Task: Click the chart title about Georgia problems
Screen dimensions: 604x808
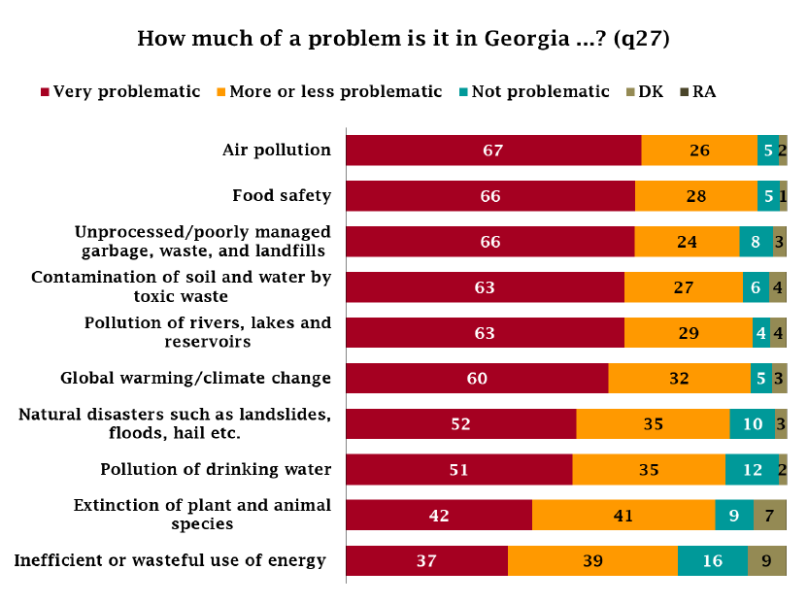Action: click(x=404, y=39)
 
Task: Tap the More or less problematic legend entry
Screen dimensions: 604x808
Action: click(x=328, y=91)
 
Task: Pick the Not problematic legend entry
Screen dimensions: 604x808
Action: click(x=533, y=91)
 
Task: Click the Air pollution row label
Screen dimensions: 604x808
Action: click(x=277, y=150)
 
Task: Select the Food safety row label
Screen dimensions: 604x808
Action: click(x=282, y=195)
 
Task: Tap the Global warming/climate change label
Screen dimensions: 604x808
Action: click(x=195, y=378)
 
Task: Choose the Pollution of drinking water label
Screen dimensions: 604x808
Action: click(x=216, y=469)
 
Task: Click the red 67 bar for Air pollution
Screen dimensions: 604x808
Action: click(x=493, y=151)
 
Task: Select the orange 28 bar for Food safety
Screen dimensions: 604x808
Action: click(x=695, y=196)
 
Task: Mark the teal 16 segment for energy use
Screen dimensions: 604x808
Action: click(x=712, y=561)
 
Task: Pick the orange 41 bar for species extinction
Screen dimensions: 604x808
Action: click(x=623, y=516)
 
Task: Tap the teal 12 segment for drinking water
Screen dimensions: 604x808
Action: click(x=752, y=470)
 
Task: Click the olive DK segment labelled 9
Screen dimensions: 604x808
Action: click(x=766, y=561)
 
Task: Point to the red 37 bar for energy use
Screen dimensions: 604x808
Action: click(x=427, y=561)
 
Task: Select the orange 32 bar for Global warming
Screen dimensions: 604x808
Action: click(x=679, y=379)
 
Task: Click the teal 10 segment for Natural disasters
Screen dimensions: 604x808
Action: click(x=752, y=424)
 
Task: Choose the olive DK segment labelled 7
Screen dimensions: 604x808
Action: click(x=769, y=516)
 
